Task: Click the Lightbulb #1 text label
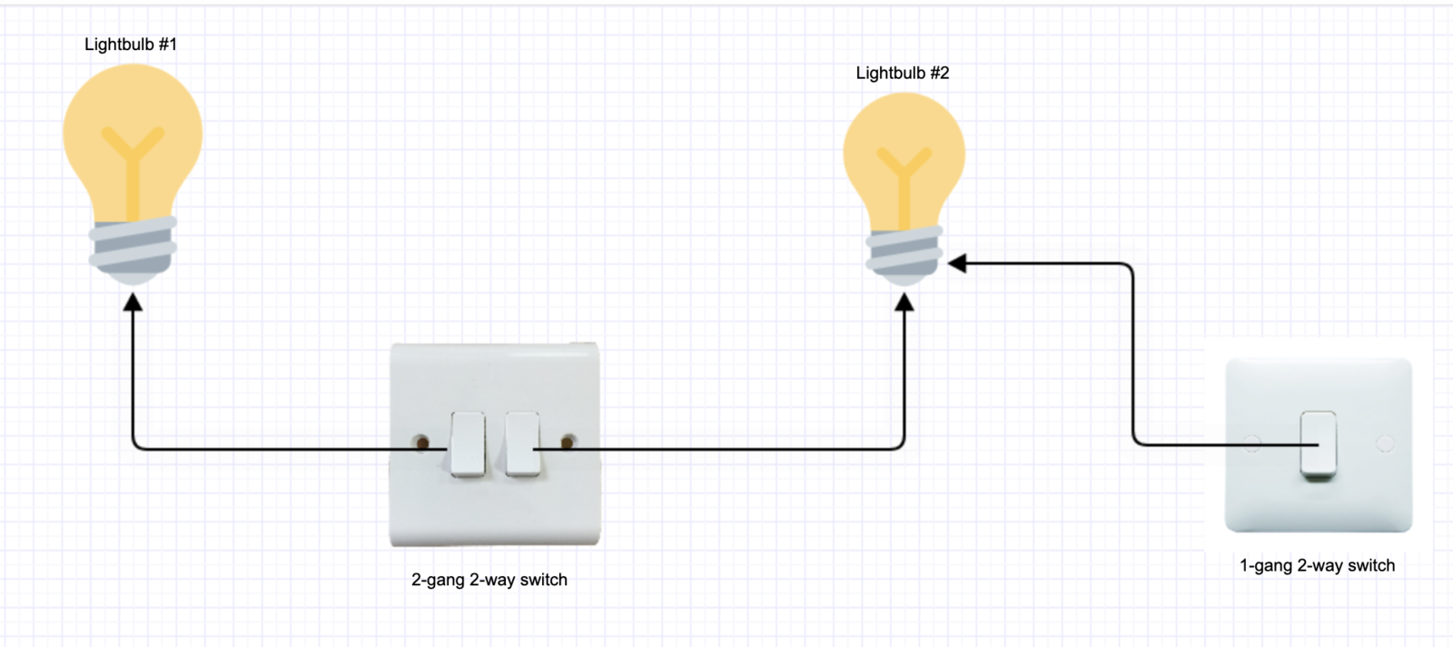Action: (x=131, y=45)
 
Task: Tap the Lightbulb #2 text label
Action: (x=903, y=73)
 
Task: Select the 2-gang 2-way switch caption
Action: (x=489, y=580)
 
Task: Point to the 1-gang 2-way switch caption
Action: (x=1317, y=565)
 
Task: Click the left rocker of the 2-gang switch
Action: (x=468, y=443)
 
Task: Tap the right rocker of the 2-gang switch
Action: (x=522, y=443)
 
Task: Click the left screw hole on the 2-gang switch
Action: (x=421, y=443)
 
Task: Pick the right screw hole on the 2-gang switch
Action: (x=567, y=443)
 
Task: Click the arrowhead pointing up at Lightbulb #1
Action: (x=133, y=302)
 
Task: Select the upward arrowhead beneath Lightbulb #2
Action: (x=904, y=303)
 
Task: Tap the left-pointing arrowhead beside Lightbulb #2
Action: (x=957, y=264)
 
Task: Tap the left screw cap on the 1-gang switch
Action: (x=1252, y=443)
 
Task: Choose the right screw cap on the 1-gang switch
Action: (x=1384, y=443)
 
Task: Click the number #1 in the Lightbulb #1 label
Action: (x=167, y=45)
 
